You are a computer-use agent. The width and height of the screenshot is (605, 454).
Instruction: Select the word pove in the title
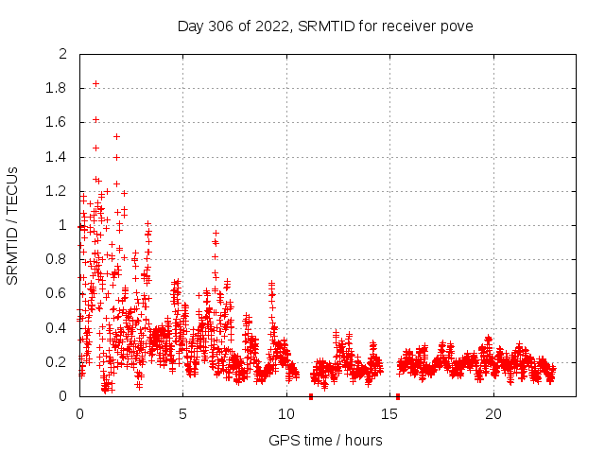click(457, 26)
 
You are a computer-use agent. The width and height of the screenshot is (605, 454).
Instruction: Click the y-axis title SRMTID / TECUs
click(13, 225)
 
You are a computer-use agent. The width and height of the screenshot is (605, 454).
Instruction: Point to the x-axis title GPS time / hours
click(325, 440)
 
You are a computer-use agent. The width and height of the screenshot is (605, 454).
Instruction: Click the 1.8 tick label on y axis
click(57, 88)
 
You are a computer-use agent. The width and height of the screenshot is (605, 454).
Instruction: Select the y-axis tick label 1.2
click(57, 191)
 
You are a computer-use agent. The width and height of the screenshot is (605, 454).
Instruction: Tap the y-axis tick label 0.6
click(57, 294)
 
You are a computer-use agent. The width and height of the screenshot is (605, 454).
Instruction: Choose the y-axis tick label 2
click(63, 54)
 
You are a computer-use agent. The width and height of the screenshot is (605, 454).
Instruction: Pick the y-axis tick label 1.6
click(57, 123)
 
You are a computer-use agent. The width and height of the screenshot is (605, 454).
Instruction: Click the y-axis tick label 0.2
click(57, 362)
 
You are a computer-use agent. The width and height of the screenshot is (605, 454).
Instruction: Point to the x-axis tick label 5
click(183, 413)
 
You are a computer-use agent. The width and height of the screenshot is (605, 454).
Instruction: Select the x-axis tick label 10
click(286, 413)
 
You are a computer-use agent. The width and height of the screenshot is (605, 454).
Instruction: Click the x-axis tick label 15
click(390, 413)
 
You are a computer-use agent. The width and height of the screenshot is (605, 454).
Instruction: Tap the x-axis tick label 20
click(493, 413)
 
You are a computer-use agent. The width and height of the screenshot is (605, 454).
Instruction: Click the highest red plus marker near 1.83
click(95, 83)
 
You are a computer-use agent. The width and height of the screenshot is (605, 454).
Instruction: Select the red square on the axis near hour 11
click(311, 396)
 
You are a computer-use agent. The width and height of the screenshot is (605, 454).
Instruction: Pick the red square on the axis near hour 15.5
click(398, 396)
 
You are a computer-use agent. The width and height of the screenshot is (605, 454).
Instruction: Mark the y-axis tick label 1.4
click(57, 157)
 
